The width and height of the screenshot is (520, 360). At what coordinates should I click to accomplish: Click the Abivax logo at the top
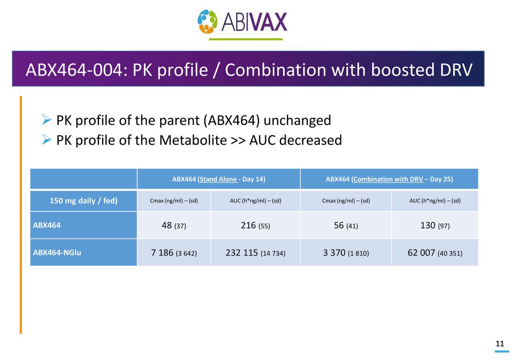[x=242, y=22]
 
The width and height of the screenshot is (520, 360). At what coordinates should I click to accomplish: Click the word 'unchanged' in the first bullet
[x=299, y=120]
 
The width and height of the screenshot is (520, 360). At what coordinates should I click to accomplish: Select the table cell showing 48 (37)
[x=174, y=226]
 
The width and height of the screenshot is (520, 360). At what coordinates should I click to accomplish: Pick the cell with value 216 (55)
[x=255, y=226]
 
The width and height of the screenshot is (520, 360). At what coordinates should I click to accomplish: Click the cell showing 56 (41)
[x=346, y=226]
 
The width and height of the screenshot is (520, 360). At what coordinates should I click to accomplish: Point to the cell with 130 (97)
[x=435, y=226]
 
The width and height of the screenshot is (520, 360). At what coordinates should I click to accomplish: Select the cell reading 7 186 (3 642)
[x=174, y=253]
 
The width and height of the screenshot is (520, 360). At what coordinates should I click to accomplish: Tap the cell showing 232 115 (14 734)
[x=255, y=253]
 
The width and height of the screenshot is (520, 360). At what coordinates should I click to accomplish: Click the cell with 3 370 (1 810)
[x=346, y=253]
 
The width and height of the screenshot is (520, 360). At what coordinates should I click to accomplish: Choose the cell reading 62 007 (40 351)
[x=435, y=253]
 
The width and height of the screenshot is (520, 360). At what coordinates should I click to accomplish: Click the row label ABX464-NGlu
[x=57, y=253]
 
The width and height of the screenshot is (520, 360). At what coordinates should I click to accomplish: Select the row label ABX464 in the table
[x=47, y=226]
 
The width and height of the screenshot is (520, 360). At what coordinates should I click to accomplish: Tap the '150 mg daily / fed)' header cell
[x=83, y=201]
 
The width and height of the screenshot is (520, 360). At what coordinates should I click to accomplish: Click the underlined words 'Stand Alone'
[x=219, y=179]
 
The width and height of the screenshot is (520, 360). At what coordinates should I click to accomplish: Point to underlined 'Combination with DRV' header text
[x=388, y=179]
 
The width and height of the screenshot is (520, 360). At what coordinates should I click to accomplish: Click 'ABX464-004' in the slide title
[x=73, y=70]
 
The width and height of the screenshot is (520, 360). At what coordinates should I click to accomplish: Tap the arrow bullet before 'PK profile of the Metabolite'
[x=46, y=140]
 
